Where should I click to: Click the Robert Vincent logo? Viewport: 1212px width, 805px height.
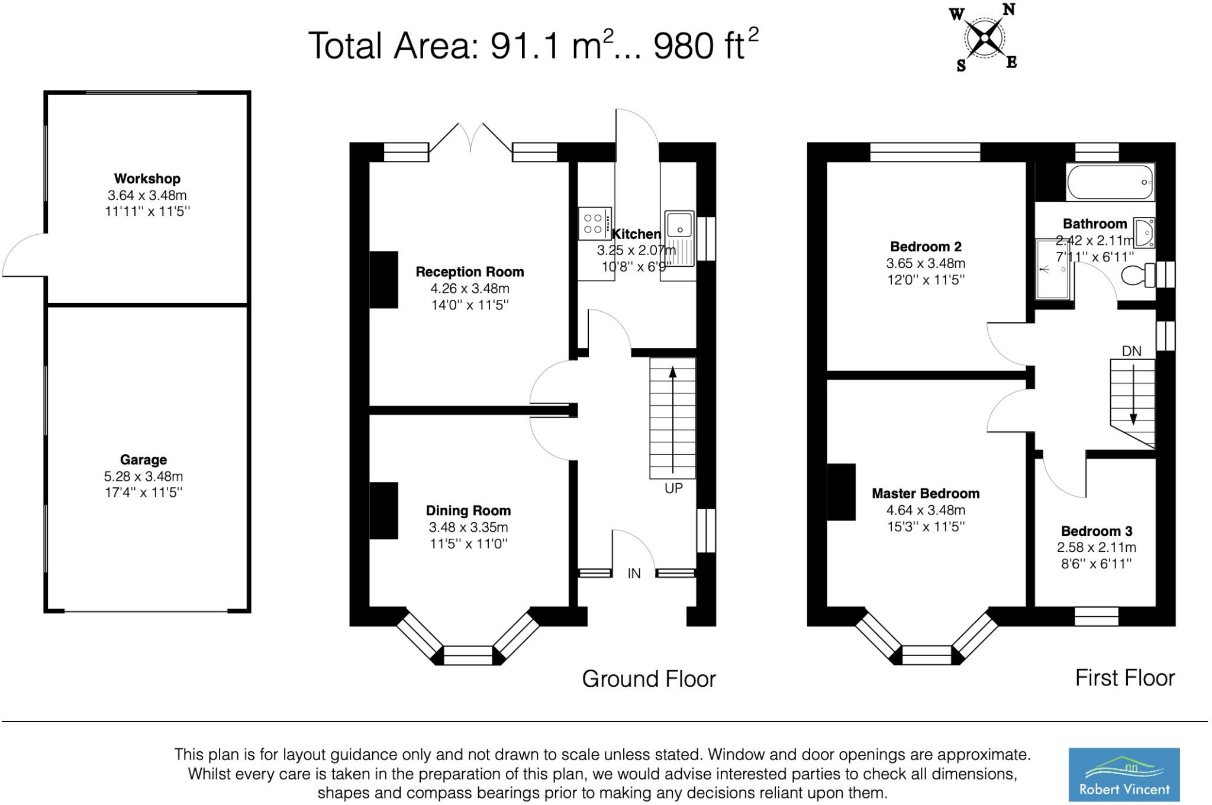(x=1123, y=774)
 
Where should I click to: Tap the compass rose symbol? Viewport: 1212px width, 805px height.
(x=985, y=37)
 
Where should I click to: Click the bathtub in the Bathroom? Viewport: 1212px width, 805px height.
(x=1110, y=182)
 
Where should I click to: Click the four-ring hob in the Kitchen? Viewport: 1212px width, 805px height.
(x=595, y=223)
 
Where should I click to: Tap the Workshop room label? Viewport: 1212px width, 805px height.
(x=147, y=179)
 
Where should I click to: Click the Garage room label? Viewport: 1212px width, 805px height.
(x=143, y=460)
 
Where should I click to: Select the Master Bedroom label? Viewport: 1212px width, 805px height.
(x=926, y=493)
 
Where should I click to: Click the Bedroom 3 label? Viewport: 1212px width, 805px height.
(x=1097, y=531)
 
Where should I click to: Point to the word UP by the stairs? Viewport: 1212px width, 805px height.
(x=673, y=488)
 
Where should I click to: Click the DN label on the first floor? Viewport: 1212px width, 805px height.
(x=1132, y=351)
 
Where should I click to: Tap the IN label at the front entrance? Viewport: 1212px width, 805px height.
(x=634, y=573)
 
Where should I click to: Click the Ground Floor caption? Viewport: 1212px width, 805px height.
(x=649, y=679)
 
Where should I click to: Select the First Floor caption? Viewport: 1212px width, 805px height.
(x=1124, y=678)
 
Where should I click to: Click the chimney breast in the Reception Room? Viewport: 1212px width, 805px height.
(x=383, y=279)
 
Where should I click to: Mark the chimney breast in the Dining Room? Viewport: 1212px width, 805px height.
(x=383, y=511)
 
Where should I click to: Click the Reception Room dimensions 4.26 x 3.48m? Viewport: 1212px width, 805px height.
(x=470, y=289)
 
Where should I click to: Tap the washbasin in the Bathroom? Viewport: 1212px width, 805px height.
(x=1145, y=232)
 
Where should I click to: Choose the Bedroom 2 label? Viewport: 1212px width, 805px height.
(x=926, y=247)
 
